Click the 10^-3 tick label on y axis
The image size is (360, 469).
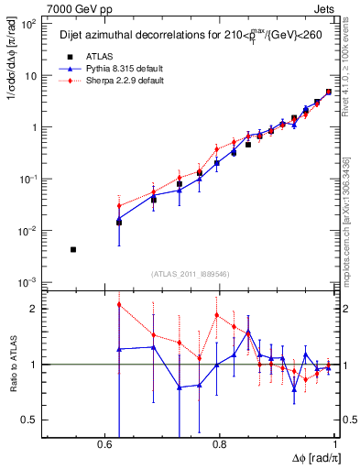tap(27, 281)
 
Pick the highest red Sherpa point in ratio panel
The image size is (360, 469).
tap(119, 305)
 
